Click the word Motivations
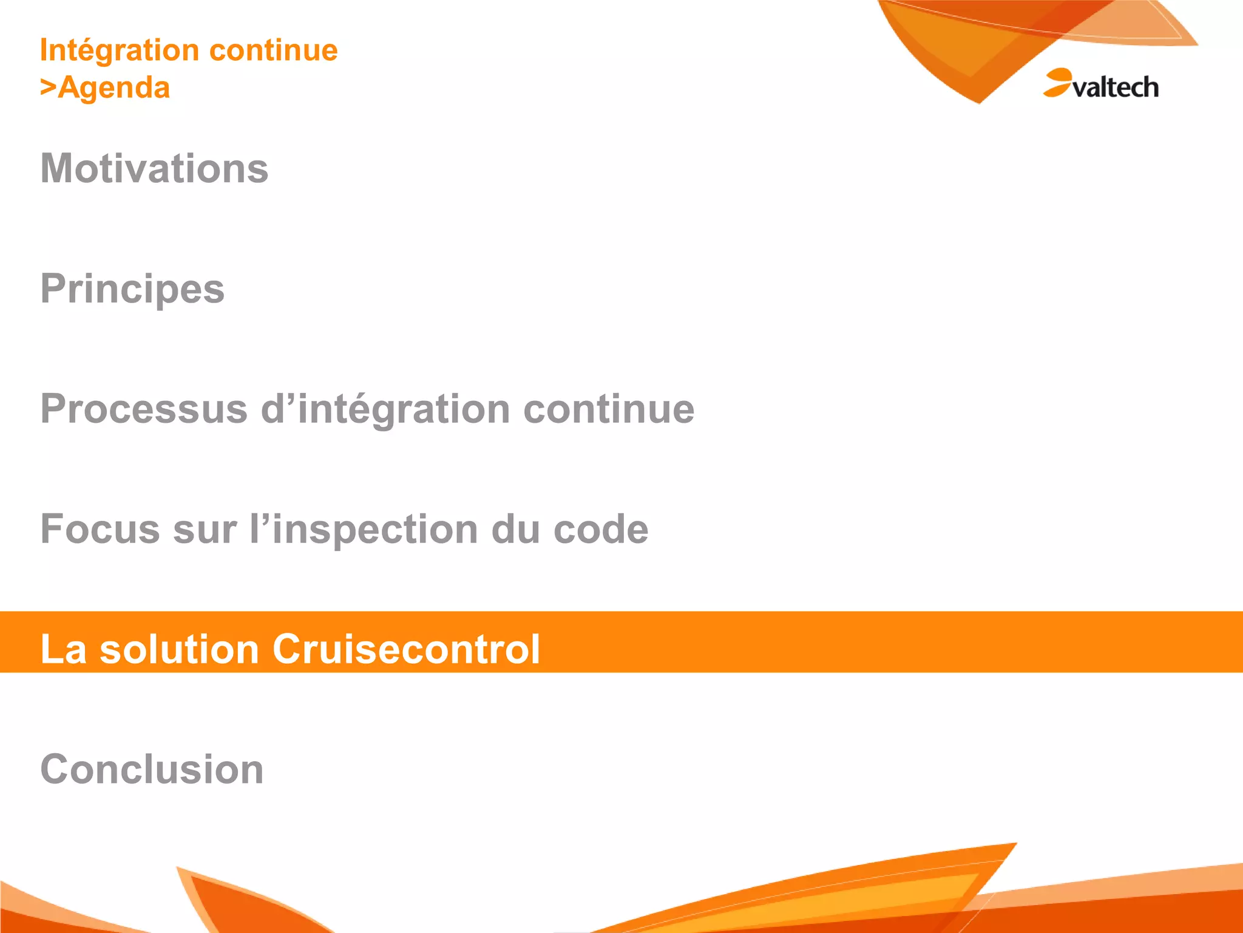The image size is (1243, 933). pyautogui.click(x=154, y=168)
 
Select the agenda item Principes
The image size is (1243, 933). pyautogui.click(x=132, y=289)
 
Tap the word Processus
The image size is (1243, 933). pyautogui.click(x=144, y=409)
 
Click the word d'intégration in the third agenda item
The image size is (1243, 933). pyautogui.click(x=385, y=409)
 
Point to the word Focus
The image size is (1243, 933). pyautogui.click(x=100, y=529)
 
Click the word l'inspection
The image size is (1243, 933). pyautogui.click(x=364, y=529)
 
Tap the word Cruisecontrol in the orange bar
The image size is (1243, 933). pyautogui.click(x=406, y=649)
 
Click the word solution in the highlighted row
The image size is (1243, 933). pyautogui.click(x=180, y=649)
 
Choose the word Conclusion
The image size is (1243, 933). pyautogui.click(x=152, y=769)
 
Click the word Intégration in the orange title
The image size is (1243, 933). pyautogui.click(x=119, y=50)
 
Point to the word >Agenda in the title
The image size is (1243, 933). pyautogui.click(x=105, y=87)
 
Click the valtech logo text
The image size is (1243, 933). pyautogui.click(x=1116, y=87)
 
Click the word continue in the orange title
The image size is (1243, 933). pyautogui.click(x=274, y=50)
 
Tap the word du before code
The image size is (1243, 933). pyautogui.click(x=515, y=529)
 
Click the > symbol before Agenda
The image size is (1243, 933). pyautogui.click(x=48, y=87)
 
